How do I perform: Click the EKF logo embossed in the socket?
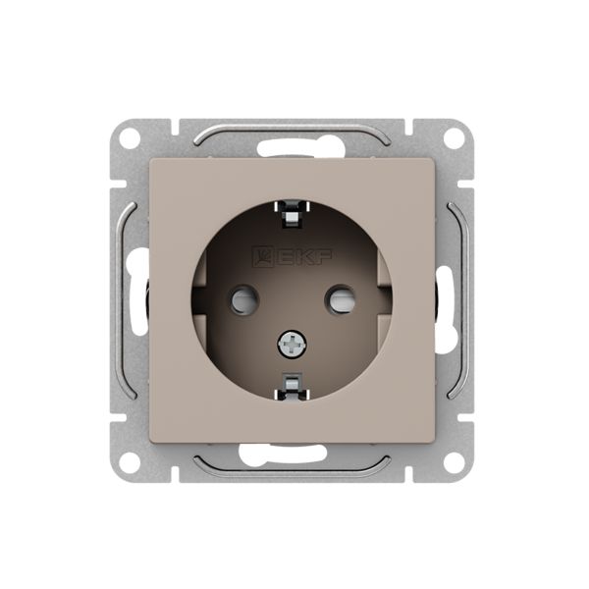(x=293, y=256)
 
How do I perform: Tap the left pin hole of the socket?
(x=244, y=299)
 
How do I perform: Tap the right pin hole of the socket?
(x=340, y=299)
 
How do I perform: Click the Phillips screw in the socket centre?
(x=292, y=344)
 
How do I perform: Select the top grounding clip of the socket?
(x=292, y=214)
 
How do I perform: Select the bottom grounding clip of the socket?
(x=292, y=386)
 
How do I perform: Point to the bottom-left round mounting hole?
(x=130, y=461)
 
